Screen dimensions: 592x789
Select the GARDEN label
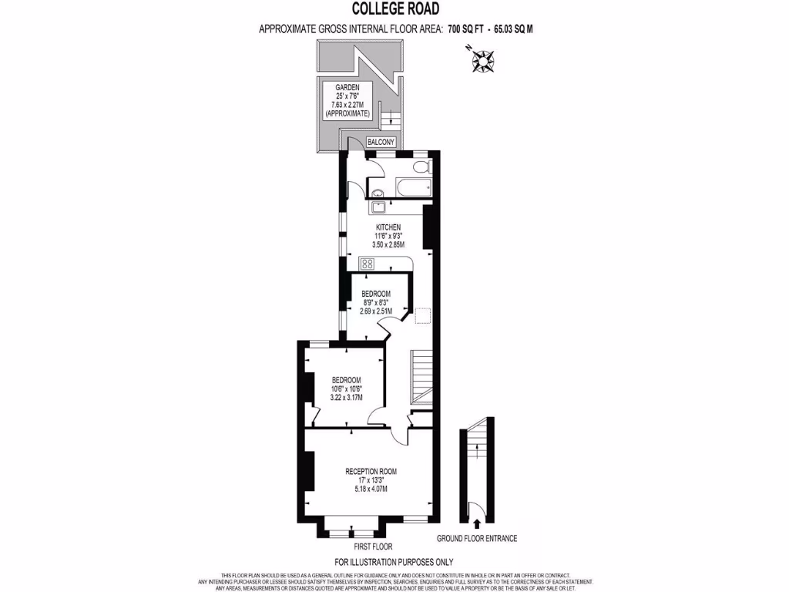tap(347, 87)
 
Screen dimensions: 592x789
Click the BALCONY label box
tap(381, 142)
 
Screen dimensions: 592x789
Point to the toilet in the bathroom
tap(420, 166)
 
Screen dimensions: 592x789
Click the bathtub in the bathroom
tap(407, 187)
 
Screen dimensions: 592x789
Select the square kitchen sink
tap(378, 206)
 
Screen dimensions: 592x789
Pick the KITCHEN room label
tap(388, 227)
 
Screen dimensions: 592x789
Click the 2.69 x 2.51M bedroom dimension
tap(377, 311)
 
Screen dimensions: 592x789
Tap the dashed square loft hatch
tap(422, 315)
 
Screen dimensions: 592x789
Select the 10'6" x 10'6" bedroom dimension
tap(347, 389)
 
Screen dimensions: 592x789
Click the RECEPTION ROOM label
tap(371, 471)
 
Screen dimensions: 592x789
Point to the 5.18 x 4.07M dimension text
tap(371, 489)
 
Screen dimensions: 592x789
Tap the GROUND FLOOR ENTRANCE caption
tap(476, 538)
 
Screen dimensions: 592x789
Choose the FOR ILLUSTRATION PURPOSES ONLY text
tap(394, 562)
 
